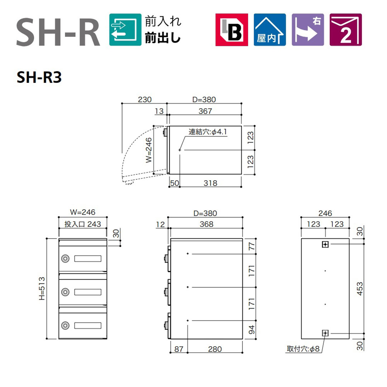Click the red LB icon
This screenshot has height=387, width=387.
pyautogui.click(x=231, y=30)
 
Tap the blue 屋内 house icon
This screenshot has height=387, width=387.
pyautogui.click(x=270, y=30)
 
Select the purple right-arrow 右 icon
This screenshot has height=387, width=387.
pyautogui.click(x=308, y=30)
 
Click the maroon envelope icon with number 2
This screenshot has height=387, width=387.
pyautogui.click(x=346, y=30)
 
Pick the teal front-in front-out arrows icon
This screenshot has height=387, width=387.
pyautogui.click(x=125, y=30)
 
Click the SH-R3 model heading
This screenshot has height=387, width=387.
pyautogui.click(x=39, y=77)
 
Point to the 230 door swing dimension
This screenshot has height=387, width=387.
pyautogui.click(x=145, y=100)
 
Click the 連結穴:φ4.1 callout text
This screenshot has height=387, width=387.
pyautogui.click(x=208, y=132)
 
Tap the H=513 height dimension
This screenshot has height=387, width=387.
pyautogui.click(x=42, y=288)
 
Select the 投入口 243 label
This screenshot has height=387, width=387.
pyautogui.click(x=83, y=224)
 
